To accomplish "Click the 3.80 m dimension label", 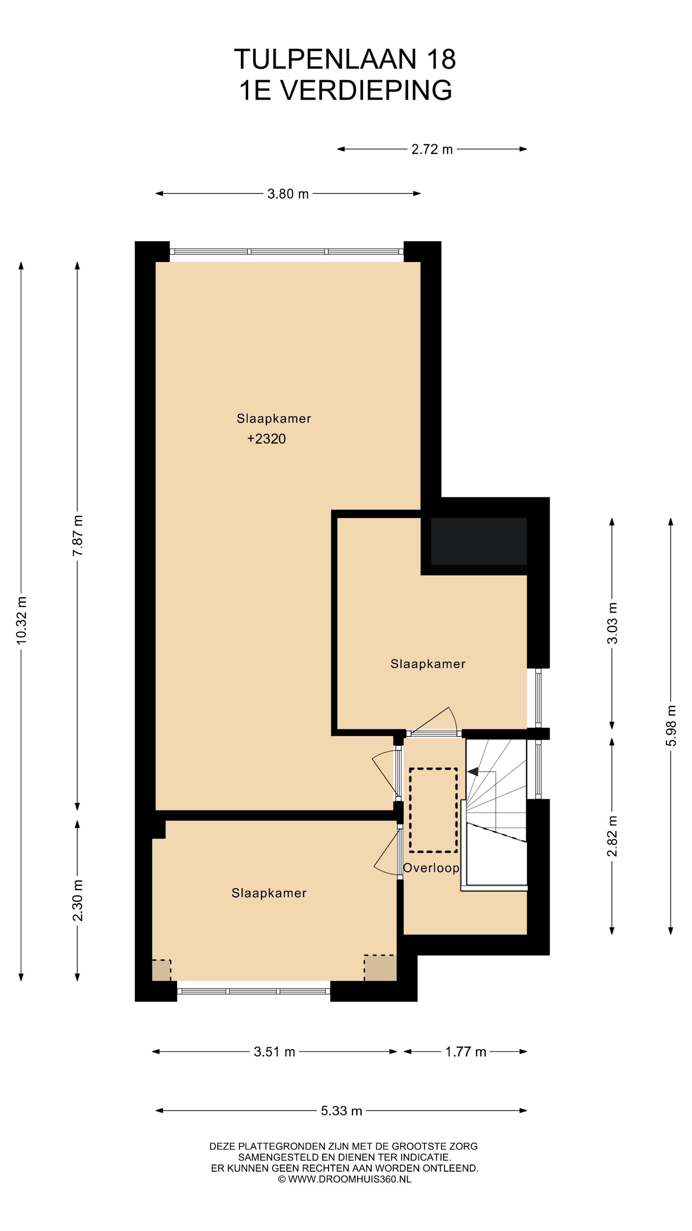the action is click(x=288, y=194).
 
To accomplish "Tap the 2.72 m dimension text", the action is click(x=432, y=150).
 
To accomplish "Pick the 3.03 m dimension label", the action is click(x=612, y=623).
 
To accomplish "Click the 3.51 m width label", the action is click(x=275, y=1052).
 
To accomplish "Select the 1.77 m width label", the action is click(x=465, y=1052).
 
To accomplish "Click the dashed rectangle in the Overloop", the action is click(x=433, y=810).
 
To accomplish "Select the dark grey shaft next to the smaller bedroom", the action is click(x=479, y=541).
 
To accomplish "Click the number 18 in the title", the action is click(x=441, y=59).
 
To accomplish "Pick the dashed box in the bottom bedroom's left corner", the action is click(x=161, y=970).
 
